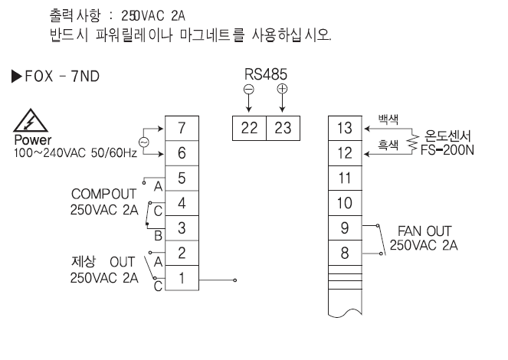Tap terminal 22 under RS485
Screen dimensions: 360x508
click(250, 129)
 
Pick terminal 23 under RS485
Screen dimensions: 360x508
click(282, 129)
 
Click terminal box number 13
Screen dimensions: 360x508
click(346, 128)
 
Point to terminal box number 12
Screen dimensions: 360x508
click(346, 153)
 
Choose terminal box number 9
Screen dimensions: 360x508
click(346, 228)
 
